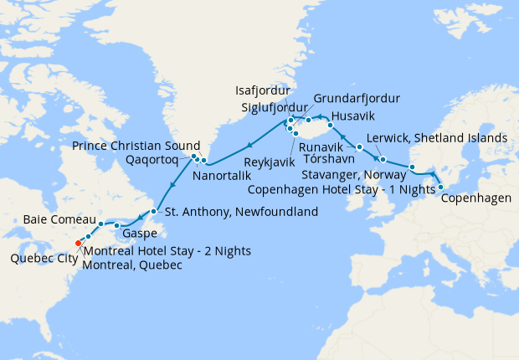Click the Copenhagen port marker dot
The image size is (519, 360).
pyautogui.click(x=440, y=187)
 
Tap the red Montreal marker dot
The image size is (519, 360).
pyautogui.click(x=78, y=244)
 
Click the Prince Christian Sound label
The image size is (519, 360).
pyautogui.click(x=136, y=144)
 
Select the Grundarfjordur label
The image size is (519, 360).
pyautogui.click(x=357, y=98)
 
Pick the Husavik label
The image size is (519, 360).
pyautogui.click(x=352, y=115)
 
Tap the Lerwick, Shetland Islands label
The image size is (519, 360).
pyautogui.click(x=438, y=137)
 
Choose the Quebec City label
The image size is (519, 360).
pyautogui.click(x=44, y=259)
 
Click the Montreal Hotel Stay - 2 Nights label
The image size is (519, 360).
pyautogui.click(x=167, y=251)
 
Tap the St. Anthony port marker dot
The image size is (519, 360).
pyautogui.click(x=154, y=211)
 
